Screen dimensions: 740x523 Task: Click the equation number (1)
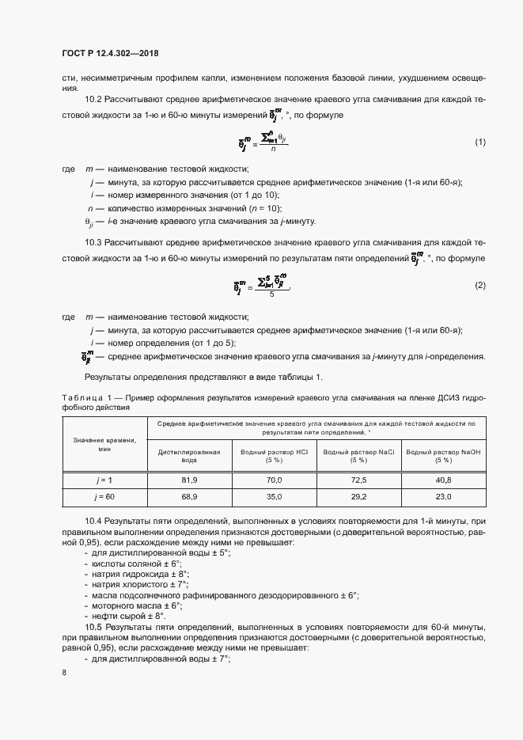tap(479, 142)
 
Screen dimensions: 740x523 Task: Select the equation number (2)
tap(479, 285)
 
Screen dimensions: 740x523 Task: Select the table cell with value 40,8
tap(443, 480)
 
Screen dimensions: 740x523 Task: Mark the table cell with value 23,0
tap(443, 496)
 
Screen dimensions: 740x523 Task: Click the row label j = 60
tap(105, 496)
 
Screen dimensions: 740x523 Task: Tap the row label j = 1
tap(105, 480)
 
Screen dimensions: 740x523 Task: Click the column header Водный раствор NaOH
tap(443, 455)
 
